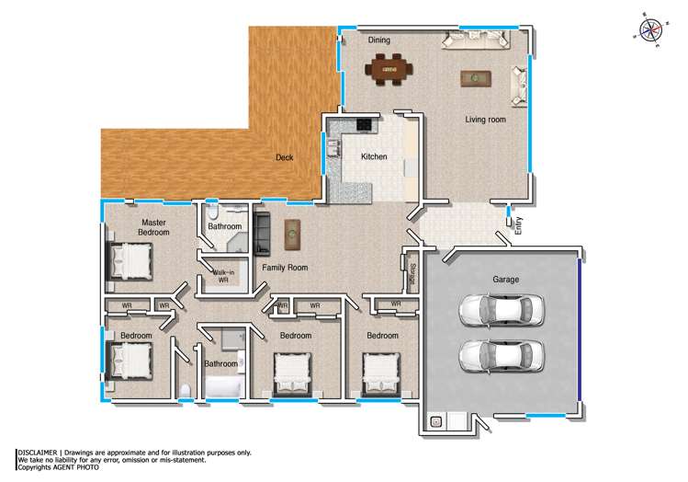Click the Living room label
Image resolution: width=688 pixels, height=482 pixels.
(486, 120)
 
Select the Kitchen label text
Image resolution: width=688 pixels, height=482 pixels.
(374, 157)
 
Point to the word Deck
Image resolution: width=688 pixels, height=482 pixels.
(285, 158)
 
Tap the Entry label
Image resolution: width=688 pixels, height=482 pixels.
(519, 225)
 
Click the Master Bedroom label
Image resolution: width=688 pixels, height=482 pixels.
(154, 227)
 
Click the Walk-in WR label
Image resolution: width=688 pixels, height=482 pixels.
(222, 276)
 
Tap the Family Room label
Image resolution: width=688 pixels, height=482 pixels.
(284, 268)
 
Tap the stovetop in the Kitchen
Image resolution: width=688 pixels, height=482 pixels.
(365, 124)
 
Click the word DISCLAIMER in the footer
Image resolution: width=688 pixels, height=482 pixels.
(38, 453)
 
